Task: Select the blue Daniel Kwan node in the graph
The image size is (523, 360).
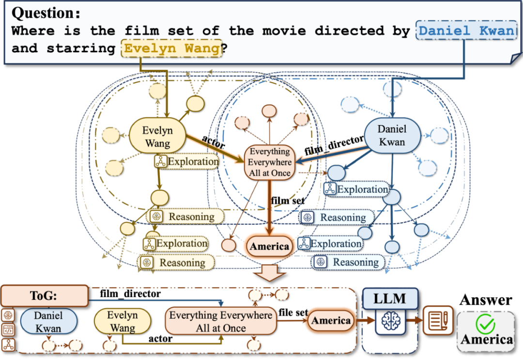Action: (x=392, y=136)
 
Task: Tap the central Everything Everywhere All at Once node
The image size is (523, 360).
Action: (x=270, y=162)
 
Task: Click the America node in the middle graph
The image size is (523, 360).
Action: (x=270, y=246)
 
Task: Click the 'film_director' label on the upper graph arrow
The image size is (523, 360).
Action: (x=334, y=145)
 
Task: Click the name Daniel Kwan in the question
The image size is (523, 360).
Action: (x=465, y=31)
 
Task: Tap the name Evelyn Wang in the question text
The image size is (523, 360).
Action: (x=171, y=49)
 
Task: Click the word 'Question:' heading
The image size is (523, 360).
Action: (x=44, y=12)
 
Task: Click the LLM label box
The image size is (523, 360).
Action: (x=390, y=298)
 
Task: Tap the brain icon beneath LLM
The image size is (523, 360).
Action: (x=390, y=321)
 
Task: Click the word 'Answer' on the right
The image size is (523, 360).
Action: (x=486, y=300)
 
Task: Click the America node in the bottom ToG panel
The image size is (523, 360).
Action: (x=331, y=320)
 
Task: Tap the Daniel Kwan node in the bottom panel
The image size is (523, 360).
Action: (x=48, y=322)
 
